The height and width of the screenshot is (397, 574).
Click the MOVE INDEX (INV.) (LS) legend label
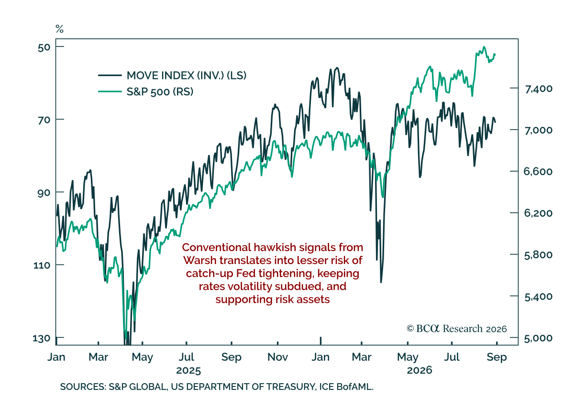186,76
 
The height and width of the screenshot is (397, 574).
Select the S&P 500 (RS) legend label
160,91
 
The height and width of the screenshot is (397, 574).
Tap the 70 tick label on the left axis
44,120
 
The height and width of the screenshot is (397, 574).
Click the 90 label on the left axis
44,193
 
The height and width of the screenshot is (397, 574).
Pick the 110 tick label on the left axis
42,265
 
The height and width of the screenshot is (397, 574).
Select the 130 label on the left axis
42,338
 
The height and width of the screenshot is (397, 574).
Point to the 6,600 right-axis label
538,171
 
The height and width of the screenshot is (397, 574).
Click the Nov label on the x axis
277,357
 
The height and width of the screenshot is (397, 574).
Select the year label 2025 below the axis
188,371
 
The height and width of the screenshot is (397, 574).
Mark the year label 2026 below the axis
419,370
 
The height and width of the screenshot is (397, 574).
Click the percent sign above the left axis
59,29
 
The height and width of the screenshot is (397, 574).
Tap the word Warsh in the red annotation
200,260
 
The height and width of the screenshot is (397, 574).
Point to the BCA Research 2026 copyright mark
457,329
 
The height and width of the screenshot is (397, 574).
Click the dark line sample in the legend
110,76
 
